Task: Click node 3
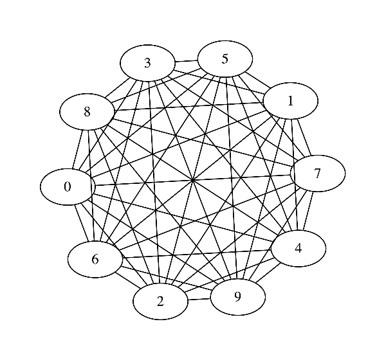point(147,63)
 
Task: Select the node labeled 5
point(225,59)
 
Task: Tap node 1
point(291,101)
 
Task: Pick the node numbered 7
point(317,174)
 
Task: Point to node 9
point(237,296)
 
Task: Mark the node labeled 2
point(160,301)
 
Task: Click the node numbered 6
point(95,259)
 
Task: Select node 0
point(68,187)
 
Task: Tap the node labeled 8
point(87,112)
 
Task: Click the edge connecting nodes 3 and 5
point(186,61)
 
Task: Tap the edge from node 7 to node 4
point(308,211)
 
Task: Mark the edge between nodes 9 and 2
point(199,299)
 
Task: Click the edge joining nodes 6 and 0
point(81,222)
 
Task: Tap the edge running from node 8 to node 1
point(188,107)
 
